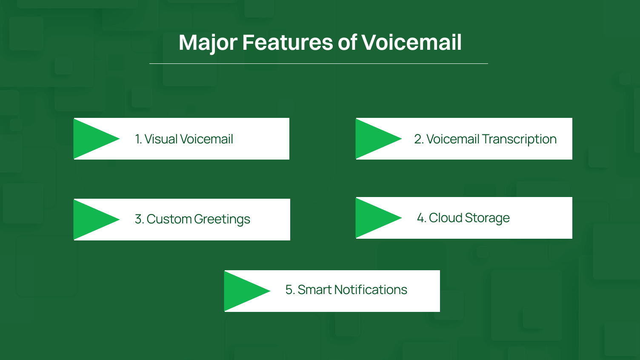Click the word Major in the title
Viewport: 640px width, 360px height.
point(208,43)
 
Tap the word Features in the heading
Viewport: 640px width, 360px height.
point(287,43)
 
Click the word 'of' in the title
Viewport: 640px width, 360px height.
point(347,43)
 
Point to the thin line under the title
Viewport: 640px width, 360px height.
point(318,63)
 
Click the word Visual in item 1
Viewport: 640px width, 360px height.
point(161,139)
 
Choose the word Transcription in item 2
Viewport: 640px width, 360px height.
point(519,139)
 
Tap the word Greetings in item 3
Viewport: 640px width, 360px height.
point(222,219)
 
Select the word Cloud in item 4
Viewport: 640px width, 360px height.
point(445,218)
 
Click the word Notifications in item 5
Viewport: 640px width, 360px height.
point(370,290)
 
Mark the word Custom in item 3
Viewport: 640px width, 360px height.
point(169,219)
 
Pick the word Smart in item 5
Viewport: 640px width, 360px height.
point(314,290)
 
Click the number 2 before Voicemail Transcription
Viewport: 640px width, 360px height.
point(418,139)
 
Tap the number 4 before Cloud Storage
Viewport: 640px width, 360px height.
point(420,218)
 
